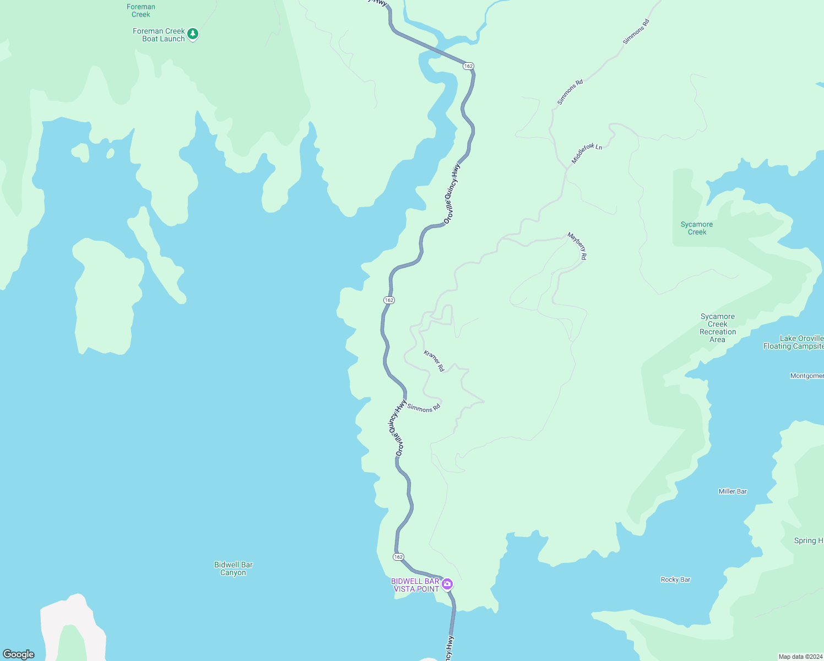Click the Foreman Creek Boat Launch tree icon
click(192, 34)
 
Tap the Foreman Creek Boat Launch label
click(159, 35)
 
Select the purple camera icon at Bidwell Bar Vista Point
click(447, 584)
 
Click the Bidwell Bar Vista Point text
click(415, 585)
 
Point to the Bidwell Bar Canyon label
click(234, 568)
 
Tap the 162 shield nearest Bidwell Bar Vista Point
click(398, 557)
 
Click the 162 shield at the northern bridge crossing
click(468, 66)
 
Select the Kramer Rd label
click(434, 361)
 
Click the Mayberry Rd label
click(577, 246)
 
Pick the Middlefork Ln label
click(587, 153)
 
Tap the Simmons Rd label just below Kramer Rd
click(424, 408)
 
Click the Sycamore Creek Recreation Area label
click(717, 328)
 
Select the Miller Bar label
click(733, 491)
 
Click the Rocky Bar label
click(675, 579)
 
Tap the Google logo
click(19, 654)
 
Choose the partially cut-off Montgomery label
click(807, 376)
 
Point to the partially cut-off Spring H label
click(809, 540)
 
